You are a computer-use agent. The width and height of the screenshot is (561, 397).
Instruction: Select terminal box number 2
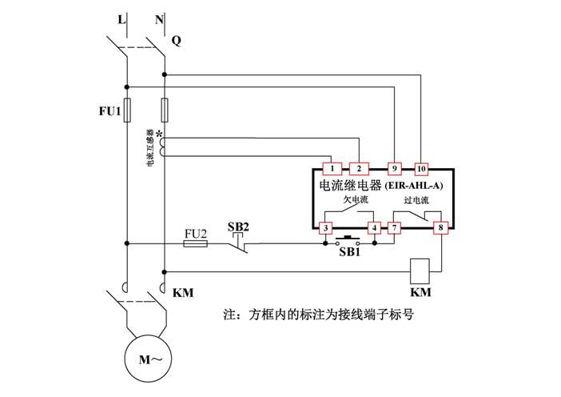click(x=359, y=169)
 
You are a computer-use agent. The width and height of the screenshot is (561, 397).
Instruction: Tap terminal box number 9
click(x=394, y=169)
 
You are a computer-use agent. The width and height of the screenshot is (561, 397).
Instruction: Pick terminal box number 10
click(x=421, y=169)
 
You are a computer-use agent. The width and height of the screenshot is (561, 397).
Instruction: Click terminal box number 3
click(x=326, y=228)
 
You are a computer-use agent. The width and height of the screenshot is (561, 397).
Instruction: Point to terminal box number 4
click(x=373, y=228)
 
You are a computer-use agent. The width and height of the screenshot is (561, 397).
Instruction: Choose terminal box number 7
click(x=394, y=228)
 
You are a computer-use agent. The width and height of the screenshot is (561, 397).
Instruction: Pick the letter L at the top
click(x=121, y=17)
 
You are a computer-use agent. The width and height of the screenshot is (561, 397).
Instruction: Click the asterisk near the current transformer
click(x=159, y=134)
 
